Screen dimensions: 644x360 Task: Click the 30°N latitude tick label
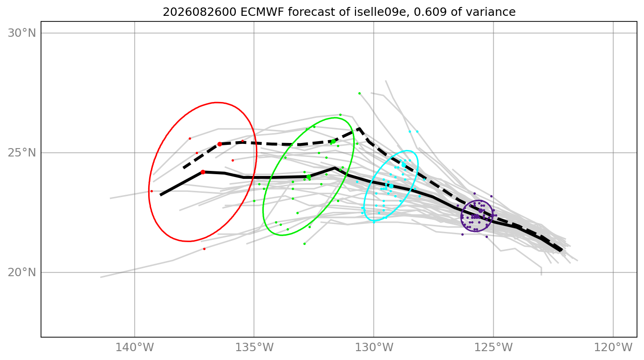[x=22, y=34]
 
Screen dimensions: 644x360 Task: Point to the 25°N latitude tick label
[x=22, y=153]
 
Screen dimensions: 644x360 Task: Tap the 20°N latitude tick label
[x=22, y=272]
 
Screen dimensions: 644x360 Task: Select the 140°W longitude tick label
[x=135, y=347]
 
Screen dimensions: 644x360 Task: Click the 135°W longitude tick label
[x=254, y=347]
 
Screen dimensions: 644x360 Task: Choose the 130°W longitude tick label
[x=374, y=347]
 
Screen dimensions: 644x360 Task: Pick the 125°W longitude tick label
[x=493, y=347]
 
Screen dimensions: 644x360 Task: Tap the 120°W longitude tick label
[x=613, y=347]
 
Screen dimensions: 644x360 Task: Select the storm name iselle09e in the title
[x=381, y=12]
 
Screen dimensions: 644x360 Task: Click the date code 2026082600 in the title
[x=199, y=12]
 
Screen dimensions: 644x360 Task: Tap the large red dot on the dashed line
[x=219, y=144]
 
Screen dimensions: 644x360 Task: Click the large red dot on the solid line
[x=203, y=172]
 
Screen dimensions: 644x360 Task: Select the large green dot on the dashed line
[x=333, y=142]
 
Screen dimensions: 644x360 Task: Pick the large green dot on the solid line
[x=309, y=177]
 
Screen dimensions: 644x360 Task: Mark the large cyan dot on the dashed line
[x=404, y=165]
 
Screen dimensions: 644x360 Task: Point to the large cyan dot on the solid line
[x=391, y=186]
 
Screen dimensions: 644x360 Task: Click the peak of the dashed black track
[x=359, y=129]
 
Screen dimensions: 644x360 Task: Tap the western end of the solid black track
[x=160, y=195]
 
